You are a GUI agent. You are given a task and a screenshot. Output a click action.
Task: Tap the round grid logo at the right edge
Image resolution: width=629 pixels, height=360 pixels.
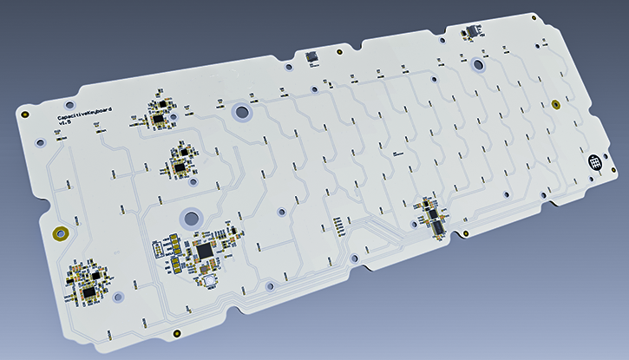595,162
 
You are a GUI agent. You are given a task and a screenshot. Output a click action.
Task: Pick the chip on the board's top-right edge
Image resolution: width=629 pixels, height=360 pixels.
473,32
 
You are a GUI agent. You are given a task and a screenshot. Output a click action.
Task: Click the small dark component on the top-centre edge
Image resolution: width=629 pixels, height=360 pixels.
312,56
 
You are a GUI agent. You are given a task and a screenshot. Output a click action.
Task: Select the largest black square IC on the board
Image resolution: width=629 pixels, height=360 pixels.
205,251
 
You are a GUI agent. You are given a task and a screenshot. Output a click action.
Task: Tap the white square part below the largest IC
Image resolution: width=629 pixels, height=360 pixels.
209,279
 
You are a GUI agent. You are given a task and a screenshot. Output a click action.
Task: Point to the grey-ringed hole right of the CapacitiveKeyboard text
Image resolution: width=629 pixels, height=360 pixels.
240,110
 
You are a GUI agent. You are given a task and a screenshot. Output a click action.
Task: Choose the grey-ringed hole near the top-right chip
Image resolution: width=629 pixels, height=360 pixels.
477,64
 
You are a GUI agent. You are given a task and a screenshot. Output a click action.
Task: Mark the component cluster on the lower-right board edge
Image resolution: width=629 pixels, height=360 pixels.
431,215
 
